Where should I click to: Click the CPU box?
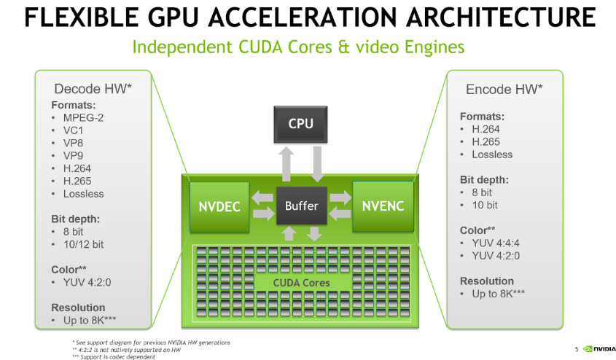click(x=300, y=124)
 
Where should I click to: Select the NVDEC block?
click(x=219, y=207)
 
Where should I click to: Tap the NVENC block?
click(x=383, y=206)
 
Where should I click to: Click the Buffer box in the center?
click(x=302, y=206)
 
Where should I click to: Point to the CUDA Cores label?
click(x=301, y=283)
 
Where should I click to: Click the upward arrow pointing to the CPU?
click(x=286, y=164)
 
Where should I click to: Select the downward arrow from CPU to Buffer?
click(x=317, y=164)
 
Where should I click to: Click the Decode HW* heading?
click(x=93, y=89)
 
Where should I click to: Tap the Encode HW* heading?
click(x=504, y=89)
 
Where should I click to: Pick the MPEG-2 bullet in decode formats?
click(x=83, y=118)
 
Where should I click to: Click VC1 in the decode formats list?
click(x=73, y=130)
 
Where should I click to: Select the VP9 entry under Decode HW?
click(x=73, y=156)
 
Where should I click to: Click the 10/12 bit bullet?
click(x=83, y=245)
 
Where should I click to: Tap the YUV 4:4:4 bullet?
click(x=496, y=243)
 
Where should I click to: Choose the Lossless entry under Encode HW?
click(x=492, y=154)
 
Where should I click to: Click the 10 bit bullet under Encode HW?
click(x=485, y=206)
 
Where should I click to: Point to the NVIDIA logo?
click(x=599, y=348)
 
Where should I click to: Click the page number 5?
click(x=577, y=349)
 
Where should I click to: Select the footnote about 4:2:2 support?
click(x=127, y=350)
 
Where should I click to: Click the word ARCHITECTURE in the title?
click(x=501, y=17)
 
